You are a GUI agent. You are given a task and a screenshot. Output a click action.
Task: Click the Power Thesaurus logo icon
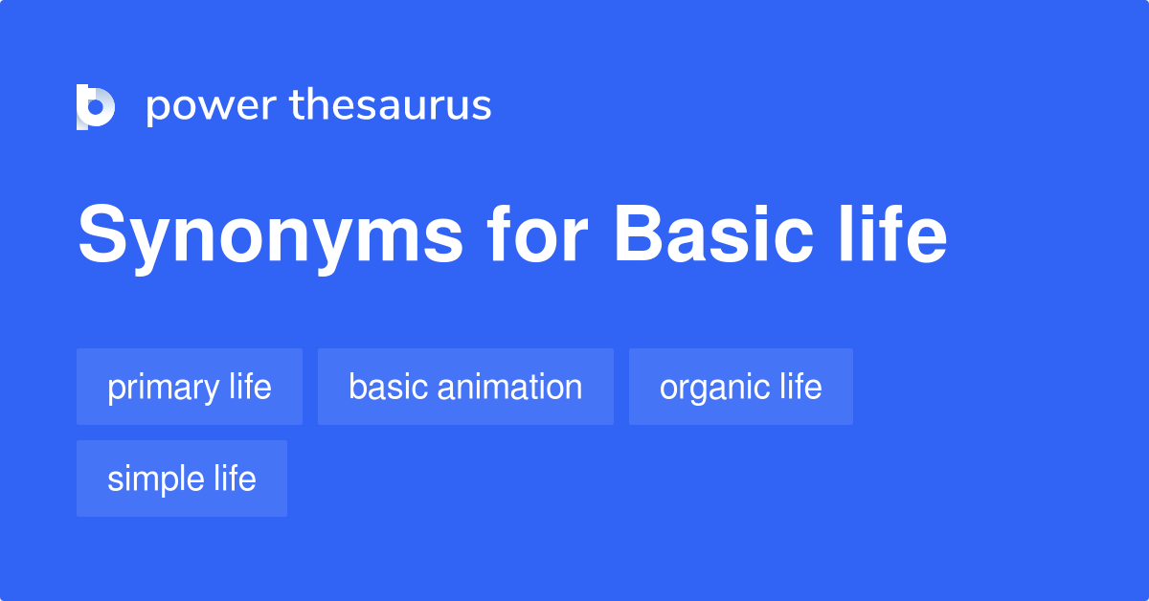[x=96, y=106]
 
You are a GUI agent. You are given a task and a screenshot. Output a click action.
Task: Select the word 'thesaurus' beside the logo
[x=391, y=105]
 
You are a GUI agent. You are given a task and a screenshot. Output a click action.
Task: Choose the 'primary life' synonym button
[x=190, y=387]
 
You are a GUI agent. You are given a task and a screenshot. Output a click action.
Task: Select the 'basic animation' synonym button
[x=465, y=387]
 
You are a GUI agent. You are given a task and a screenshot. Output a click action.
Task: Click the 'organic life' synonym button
[x=740, y=387]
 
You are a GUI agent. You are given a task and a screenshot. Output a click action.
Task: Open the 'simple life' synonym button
[x=182, y=479]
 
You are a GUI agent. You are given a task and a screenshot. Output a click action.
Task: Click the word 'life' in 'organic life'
[x=800, y=387]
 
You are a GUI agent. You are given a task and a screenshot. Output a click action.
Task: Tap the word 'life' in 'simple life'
[x=236, y=479]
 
